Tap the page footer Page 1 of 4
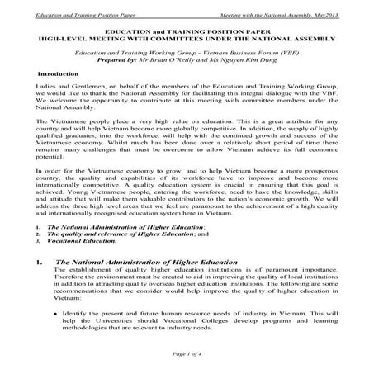187,353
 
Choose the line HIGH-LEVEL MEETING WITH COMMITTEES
187,37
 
